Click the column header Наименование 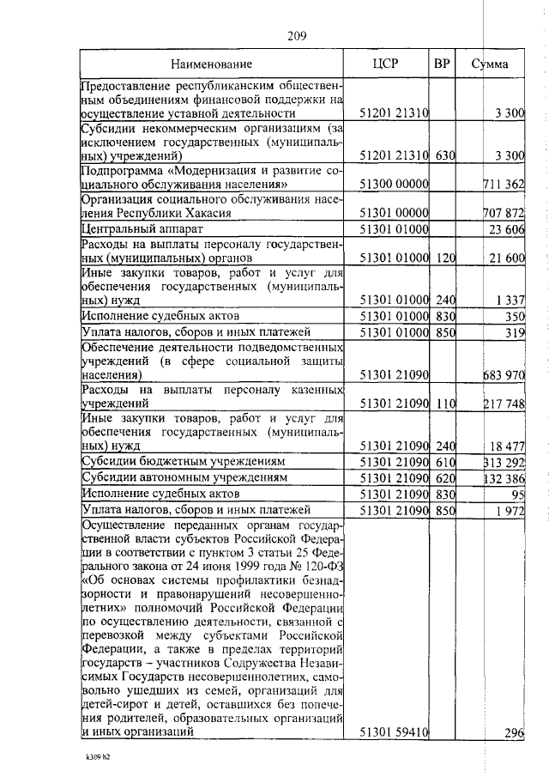click(211, 64)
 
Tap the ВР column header click(443, 64)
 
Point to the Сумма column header click(490, 64)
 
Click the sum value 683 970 click(504, 375)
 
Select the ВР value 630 click(443, 155)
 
